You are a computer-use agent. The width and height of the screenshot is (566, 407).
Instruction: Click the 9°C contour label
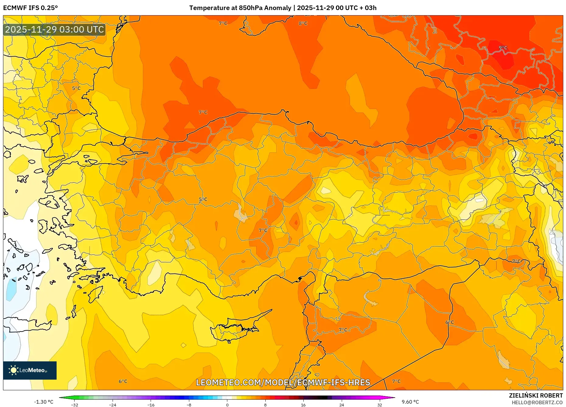(503, 48)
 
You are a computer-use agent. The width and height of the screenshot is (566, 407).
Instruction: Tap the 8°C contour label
(303, 23)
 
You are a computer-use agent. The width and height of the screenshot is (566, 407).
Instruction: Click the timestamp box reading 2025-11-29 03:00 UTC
(54, 30)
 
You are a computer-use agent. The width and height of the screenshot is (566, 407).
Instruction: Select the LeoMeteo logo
(30, 370)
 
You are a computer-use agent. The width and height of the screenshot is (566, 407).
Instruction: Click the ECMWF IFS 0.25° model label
(30, 8)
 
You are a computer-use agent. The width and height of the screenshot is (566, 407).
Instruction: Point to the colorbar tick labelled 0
(227, 405)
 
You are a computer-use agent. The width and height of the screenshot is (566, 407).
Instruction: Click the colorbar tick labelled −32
(74, 405)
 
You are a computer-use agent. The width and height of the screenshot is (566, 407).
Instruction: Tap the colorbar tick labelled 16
(303, 405)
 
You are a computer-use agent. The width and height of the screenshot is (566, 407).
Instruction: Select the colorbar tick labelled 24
(341, 405)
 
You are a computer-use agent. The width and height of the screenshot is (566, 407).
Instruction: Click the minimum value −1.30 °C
(44, 402)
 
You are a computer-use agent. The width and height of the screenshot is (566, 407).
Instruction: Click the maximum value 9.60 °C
(410, 402)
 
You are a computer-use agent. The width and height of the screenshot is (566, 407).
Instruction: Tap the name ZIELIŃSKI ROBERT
(536, 395)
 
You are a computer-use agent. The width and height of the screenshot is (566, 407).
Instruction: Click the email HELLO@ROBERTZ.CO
(537, 402)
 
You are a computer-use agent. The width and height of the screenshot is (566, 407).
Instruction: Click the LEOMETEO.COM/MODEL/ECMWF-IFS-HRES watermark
(283, 382)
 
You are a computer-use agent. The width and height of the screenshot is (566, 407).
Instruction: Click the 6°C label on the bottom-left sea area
(123, 381)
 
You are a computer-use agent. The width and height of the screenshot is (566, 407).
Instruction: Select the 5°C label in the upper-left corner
(76, 88)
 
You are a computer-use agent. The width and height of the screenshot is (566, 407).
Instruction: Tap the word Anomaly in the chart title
(278, 8)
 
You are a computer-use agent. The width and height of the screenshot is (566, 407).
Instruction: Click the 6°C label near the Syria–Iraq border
(449, 322)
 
